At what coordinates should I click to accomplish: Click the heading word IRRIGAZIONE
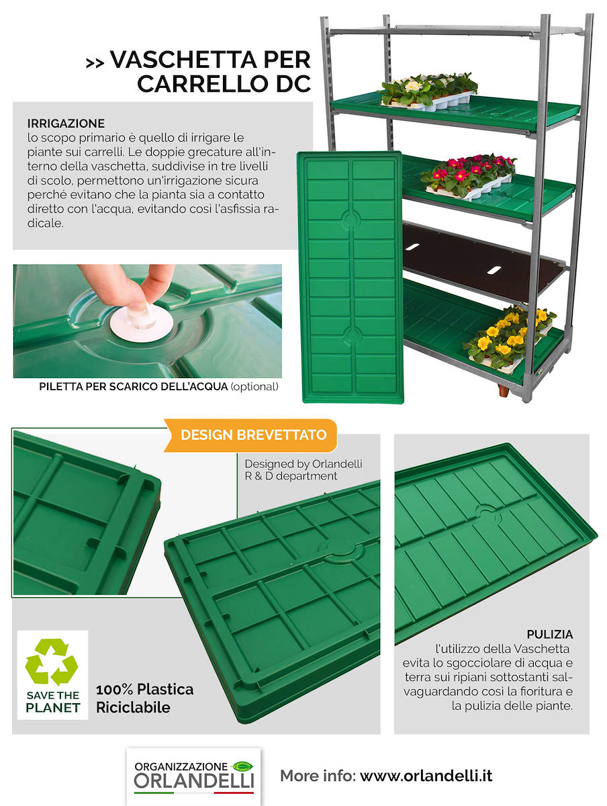pyautogui.click(x=66, y=124)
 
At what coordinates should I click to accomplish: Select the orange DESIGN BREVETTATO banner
pyautogui.click(x=253, y=435)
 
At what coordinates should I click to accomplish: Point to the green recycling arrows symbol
pyautogui.click(x=51, y=661)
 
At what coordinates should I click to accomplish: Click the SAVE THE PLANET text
pyautogui.click(x=52, y=701)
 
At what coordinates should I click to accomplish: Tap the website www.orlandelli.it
pyautogui.click(x=426, y=776)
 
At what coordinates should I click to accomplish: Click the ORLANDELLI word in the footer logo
pyautogui.click(x=193, y=781)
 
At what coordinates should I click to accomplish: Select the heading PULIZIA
pyautogui.click(x=549, y=634)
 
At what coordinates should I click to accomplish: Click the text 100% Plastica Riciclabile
pyautogui.click(x=144, y=698)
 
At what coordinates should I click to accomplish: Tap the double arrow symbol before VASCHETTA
pyautogui.click(x=95, y=62)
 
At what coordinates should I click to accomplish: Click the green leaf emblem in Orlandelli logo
pyautogui.click(x=241, y=766)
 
